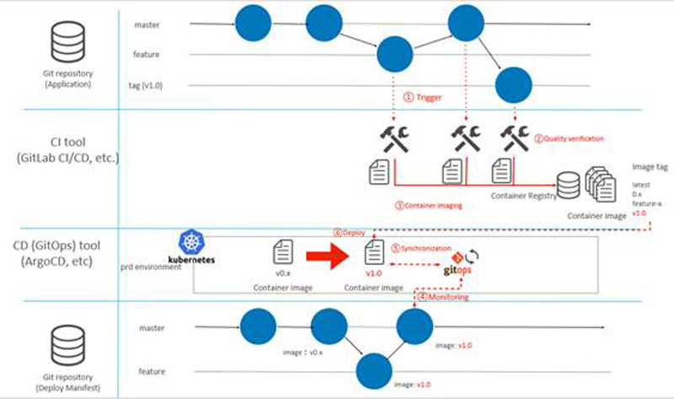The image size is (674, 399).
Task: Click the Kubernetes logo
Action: click(195, 249)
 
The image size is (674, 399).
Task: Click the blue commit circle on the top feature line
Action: click(393, 56)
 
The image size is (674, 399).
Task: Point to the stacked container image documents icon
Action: click(599, 183)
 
